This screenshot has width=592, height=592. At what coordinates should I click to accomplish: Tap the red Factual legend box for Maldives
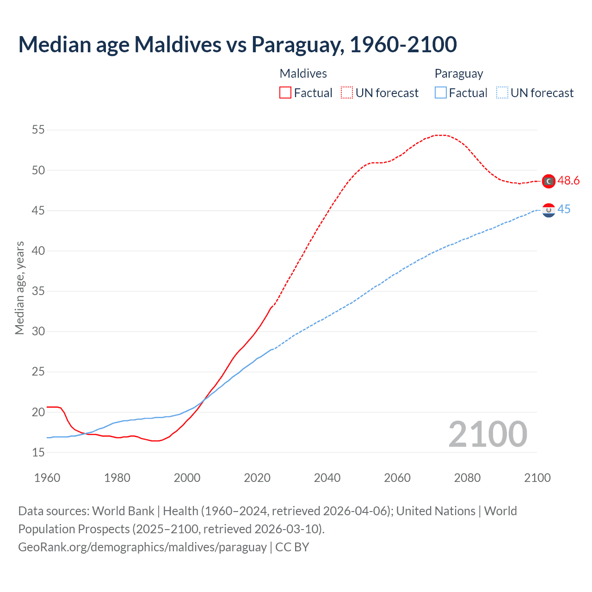pos(285,92)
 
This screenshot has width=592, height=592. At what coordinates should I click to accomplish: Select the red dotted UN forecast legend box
pos(347,92)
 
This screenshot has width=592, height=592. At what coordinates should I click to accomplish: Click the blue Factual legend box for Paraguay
pos(441,92)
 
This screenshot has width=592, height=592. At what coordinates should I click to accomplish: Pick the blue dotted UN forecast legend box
pos(502,92)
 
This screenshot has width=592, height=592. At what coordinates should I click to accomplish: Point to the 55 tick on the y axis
pos(38,130)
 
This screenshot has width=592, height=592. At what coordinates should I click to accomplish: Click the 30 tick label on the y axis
pos(38,331)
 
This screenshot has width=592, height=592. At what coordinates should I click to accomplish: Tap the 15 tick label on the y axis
pos(38,452)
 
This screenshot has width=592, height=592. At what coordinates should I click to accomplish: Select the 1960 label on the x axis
pos(47,478)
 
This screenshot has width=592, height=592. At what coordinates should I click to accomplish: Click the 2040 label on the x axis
pos(327,478)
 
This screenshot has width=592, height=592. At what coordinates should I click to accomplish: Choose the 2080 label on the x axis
pos(467,478)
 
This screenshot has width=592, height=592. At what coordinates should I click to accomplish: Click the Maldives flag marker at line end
pos(549,181)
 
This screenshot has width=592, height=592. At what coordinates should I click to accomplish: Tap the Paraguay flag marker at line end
pos(549,210)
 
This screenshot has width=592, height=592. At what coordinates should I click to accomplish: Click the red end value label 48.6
pos(568,181)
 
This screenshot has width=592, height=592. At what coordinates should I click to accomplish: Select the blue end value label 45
pos(564,210)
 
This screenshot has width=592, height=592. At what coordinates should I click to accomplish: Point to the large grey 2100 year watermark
pos(487,434)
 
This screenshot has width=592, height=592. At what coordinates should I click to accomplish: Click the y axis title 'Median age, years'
pos(19,288)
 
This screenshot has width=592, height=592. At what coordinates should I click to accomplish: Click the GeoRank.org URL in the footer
pos(142,547)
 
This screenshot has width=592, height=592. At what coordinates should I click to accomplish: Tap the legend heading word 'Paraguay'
pos(458,74)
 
